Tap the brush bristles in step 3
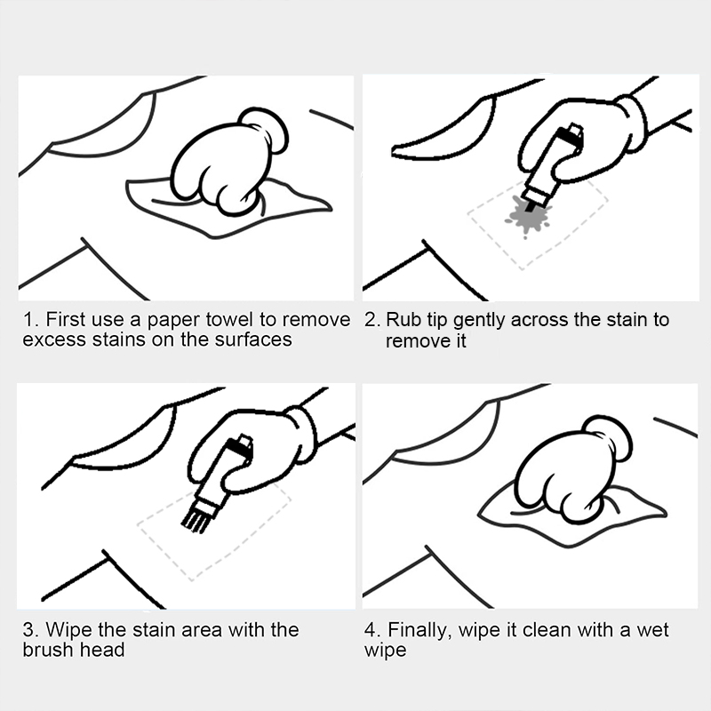click(195, 518)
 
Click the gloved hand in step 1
click(229, 161)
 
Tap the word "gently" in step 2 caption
click(479, 321)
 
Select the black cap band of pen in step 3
click(238, 446)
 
